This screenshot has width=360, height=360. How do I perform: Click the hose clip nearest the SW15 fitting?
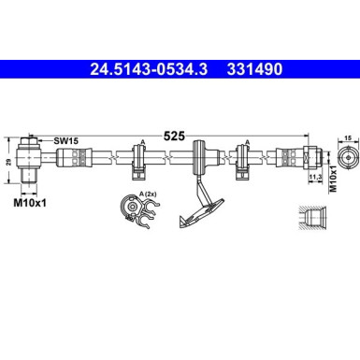coord(142,159)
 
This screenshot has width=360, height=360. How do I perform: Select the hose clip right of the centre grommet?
coord(244,159)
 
